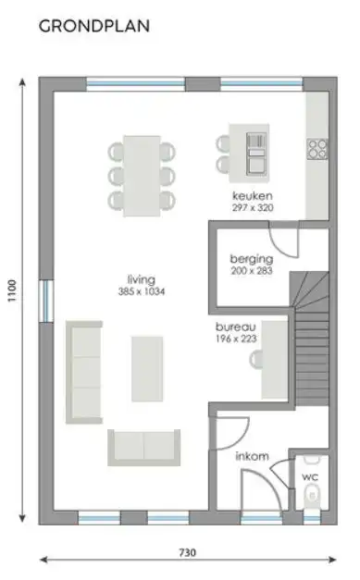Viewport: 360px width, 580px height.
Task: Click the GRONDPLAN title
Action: click(x=94, y=27)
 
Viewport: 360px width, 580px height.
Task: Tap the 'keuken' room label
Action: click(x=253, y=197)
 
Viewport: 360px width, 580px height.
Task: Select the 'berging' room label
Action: click(x=251, y=259)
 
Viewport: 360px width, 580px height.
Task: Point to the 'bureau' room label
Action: click(x=236, y=327)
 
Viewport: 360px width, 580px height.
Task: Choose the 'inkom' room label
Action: click(x=253, y=455)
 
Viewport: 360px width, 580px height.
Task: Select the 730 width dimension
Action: click(x=188, y=552)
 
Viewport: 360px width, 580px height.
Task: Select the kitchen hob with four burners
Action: click(x=317, y=148)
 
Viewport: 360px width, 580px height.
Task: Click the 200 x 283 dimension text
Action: click(x=251, y=271)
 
